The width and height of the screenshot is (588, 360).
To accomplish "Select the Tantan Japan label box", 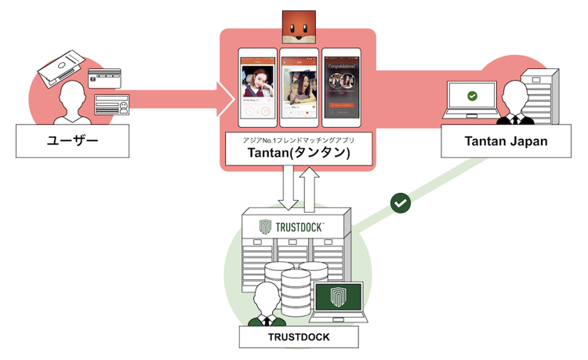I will [504, 141].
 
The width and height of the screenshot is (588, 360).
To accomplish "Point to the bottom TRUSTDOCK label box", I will [298, 336].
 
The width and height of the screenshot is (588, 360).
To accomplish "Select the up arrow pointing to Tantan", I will [310, 189].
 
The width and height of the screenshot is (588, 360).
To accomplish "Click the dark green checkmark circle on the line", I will [401, 203].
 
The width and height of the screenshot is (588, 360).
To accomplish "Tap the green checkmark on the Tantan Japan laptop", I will [471, 96].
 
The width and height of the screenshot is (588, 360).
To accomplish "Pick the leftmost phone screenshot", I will [257, 88].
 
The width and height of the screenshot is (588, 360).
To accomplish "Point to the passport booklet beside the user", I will [60, 67].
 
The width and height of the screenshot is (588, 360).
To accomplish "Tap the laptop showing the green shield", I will [338, 302].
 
